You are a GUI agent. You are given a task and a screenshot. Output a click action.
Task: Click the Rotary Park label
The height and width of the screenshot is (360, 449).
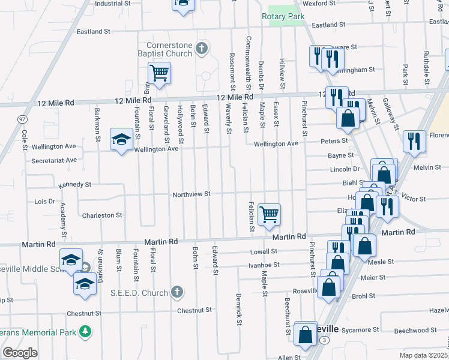pos(283,17)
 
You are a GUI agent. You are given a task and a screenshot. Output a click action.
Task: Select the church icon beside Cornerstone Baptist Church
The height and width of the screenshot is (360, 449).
pos(202,48)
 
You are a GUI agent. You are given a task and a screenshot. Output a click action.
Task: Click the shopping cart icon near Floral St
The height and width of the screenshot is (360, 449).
pos(159,74)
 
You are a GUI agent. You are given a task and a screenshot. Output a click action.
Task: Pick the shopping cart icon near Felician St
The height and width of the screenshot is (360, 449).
pos(269,213)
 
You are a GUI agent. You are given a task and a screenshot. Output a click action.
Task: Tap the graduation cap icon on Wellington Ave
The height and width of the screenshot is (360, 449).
pos(121,139)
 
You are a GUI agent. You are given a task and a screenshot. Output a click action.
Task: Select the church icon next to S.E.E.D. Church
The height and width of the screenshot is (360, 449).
pos(176,292)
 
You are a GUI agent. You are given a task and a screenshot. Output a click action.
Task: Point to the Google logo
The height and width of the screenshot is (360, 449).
pos(20,353)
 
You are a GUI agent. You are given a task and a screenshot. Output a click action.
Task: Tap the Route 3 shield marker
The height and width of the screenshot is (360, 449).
pos(324,340)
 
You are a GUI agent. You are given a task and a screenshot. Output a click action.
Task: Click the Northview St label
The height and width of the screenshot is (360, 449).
pos(191,194)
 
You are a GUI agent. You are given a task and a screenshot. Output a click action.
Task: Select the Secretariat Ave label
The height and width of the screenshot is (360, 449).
pos(55,160)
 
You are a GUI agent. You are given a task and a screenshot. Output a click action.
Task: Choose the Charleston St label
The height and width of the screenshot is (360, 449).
pos(102,215)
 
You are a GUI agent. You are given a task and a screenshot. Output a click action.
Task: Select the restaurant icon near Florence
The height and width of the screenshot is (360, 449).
pos(414,142)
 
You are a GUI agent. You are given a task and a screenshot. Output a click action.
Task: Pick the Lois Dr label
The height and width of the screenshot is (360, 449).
pos(45,202)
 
